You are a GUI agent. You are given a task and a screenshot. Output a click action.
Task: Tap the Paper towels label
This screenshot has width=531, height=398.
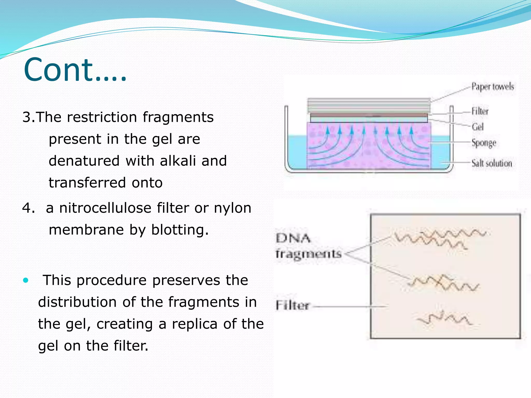pyautogui.click(x=492, y=87)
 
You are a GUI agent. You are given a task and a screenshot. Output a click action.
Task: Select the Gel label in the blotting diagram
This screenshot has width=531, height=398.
pyautogui.click(x=478, y=127)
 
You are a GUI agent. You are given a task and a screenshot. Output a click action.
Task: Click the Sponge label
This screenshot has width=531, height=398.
pyautogui.click(x=484, y=143)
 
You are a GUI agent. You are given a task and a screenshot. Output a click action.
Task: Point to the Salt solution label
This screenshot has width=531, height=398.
pyautogui.click(x=491, y=163)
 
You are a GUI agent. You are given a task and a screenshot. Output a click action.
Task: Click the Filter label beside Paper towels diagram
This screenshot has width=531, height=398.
pyautogui.click(x=480, y=111)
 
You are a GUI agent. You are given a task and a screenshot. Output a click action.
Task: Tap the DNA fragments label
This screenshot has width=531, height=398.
pyautogui.click(x=308, y=246)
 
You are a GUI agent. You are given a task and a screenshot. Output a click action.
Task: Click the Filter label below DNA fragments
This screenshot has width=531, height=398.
pyautogui.click(x=292, y=305)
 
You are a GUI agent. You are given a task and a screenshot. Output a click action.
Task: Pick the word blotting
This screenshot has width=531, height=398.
pyautogui.click(x=180, y=230)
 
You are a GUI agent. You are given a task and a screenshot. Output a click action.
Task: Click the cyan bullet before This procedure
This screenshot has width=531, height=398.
pyautogui.click(x=25, y=280)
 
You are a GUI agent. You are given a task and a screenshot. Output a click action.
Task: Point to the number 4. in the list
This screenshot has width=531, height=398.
pyautogui.click(x=28, y=208)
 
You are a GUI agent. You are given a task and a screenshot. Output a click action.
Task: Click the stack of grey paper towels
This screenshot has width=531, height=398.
pyautogui.click(x=369, y=106)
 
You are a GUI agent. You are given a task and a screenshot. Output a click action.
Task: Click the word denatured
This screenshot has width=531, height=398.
pyautogui.click(x=84, y=161)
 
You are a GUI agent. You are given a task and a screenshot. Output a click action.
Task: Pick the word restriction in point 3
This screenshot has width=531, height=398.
pyautogui.click(x=102, y=117)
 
